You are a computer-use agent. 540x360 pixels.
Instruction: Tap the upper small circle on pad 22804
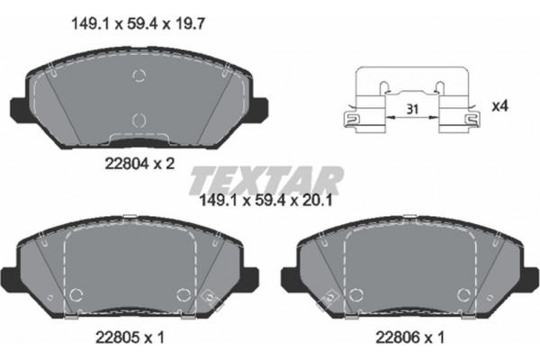139,76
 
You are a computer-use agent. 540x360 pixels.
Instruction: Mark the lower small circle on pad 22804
139,119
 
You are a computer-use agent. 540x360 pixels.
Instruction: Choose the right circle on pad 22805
184,292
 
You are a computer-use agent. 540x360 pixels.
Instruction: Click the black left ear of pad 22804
17,107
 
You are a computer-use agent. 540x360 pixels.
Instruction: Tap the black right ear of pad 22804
260,107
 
